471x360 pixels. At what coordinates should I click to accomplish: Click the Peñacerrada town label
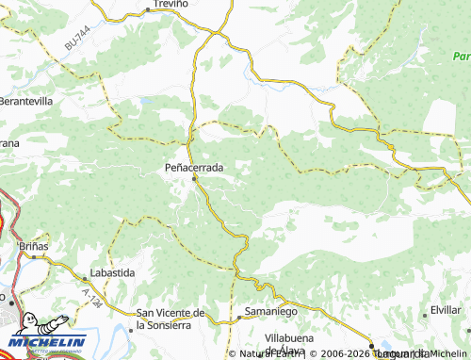click(194, 167)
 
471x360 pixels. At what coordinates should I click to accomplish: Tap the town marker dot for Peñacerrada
click(195, 177)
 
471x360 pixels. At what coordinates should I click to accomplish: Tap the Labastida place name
click(111, 272)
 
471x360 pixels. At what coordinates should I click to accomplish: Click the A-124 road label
click(91, 300)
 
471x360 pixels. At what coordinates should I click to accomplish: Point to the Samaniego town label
click(270, 311)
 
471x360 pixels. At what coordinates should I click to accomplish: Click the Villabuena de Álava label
click(297, 343)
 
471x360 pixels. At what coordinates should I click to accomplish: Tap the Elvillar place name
click(445, 310)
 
